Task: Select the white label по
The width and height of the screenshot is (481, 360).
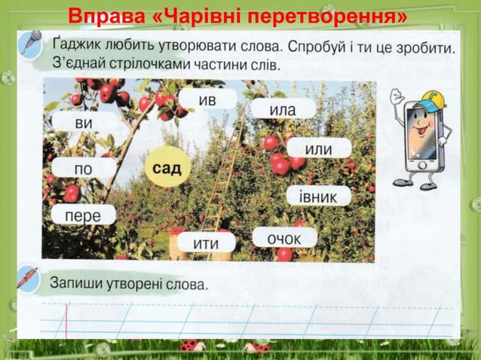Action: [83, 169]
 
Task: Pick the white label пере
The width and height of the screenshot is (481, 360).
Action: [83, 215]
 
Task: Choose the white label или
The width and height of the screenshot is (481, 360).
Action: [317, 149]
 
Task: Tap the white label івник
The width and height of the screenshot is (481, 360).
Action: [319, 196]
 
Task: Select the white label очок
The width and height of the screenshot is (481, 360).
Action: [284, 239]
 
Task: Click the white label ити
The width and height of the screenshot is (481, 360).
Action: [206, 243]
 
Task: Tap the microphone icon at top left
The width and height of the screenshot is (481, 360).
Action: [29, 43]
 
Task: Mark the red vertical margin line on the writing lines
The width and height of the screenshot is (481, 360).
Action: [66, 320]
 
